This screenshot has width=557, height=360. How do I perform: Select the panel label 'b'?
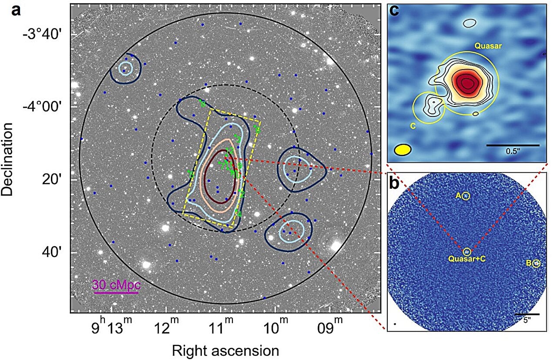(394, 183)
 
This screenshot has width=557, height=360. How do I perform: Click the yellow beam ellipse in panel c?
(403, 150)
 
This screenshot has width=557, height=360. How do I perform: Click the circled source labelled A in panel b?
(466, 196)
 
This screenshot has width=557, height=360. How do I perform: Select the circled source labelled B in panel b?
(536, 263)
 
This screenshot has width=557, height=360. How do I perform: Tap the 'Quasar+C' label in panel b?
(467, 259)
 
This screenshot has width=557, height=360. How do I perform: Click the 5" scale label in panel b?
(527, 320)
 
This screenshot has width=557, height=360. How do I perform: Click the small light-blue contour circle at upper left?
(125, 68)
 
